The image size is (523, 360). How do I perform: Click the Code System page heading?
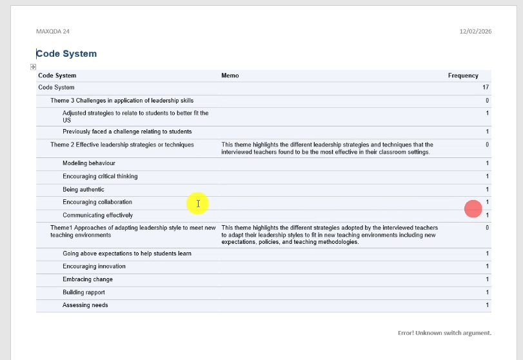[x=66, y=54]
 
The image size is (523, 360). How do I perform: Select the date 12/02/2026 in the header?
[x=475, y=31]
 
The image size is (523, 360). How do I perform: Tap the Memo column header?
[x=230, y=75]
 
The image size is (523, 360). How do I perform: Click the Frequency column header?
[x=463, y=75]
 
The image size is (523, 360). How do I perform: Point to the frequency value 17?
[x=485, y=88]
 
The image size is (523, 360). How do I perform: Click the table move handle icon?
[x=33, y=67]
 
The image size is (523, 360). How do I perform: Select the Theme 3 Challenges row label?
[x=122, y=101]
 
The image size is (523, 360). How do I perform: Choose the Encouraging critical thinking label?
[x=100, y=176]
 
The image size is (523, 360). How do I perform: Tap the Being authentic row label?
[x=83, y=190]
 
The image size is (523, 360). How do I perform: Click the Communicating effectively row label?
[x=97, y=215]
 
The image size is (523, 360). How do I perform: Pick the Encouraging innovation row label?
[x=94, y=266]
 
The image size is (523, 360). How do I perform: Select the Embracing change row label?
[x=88, y=279]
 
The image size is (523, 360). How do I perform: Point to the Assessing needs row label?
[x=85, y=305]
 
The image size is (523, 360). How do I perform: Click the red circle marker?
[x=473, y=208]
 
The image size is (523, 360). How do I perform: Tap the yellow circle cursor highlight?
[x=197, y=204]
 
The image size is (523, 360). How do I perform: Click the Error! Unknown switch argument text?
[x=444, y=333]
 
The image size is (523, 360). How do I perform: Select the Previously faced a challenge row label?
[x=127, y=132]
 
